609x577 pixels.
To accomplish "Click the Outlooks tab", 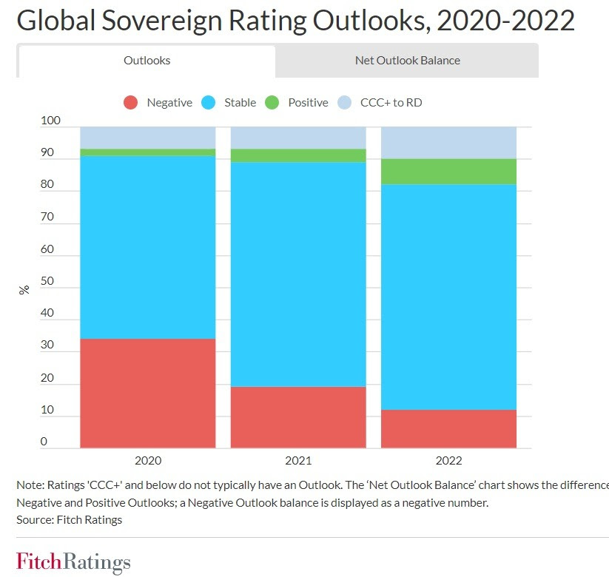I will coord(147,61).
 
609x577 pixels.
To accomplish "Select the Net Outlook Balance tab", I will coord(407,61).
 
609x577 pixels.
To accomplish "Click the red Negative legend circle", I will coord(131,103).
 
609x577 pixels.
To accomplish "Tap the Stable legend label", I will coord(240,103).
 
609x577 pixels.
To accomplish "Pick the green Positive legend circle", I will coord(272,103).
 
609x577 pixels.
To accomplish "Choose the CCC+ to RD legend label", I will coord(391,103).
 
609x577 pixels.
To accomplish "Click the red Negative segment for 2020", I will coord(147,393).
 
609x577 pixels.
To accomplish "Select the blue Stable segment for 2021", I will coord(298,274).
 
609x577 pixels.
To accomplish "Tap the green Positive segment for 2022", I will coord(448,172).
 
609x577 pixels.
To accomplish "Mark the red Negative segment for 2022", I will coord(448,428).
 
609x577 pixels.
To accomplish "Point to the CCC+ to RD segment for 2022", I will coord(448,142).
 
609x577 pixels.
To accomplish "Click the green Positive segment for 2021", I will coord(298,155).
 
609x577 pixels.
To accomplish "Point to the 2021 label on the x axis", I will coord(298,461).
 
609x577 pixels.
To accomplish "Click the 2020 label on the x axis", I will coord(147,461).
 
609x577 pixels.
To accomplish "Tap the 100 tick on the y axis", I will coord(50,121).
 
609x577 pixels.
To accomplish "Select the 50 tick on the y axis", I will coord(47,281).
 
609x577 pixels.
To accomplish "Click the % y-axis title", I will coord(24,290).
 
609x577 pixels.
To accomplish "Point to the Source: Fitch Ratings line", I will coord(69,519).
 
